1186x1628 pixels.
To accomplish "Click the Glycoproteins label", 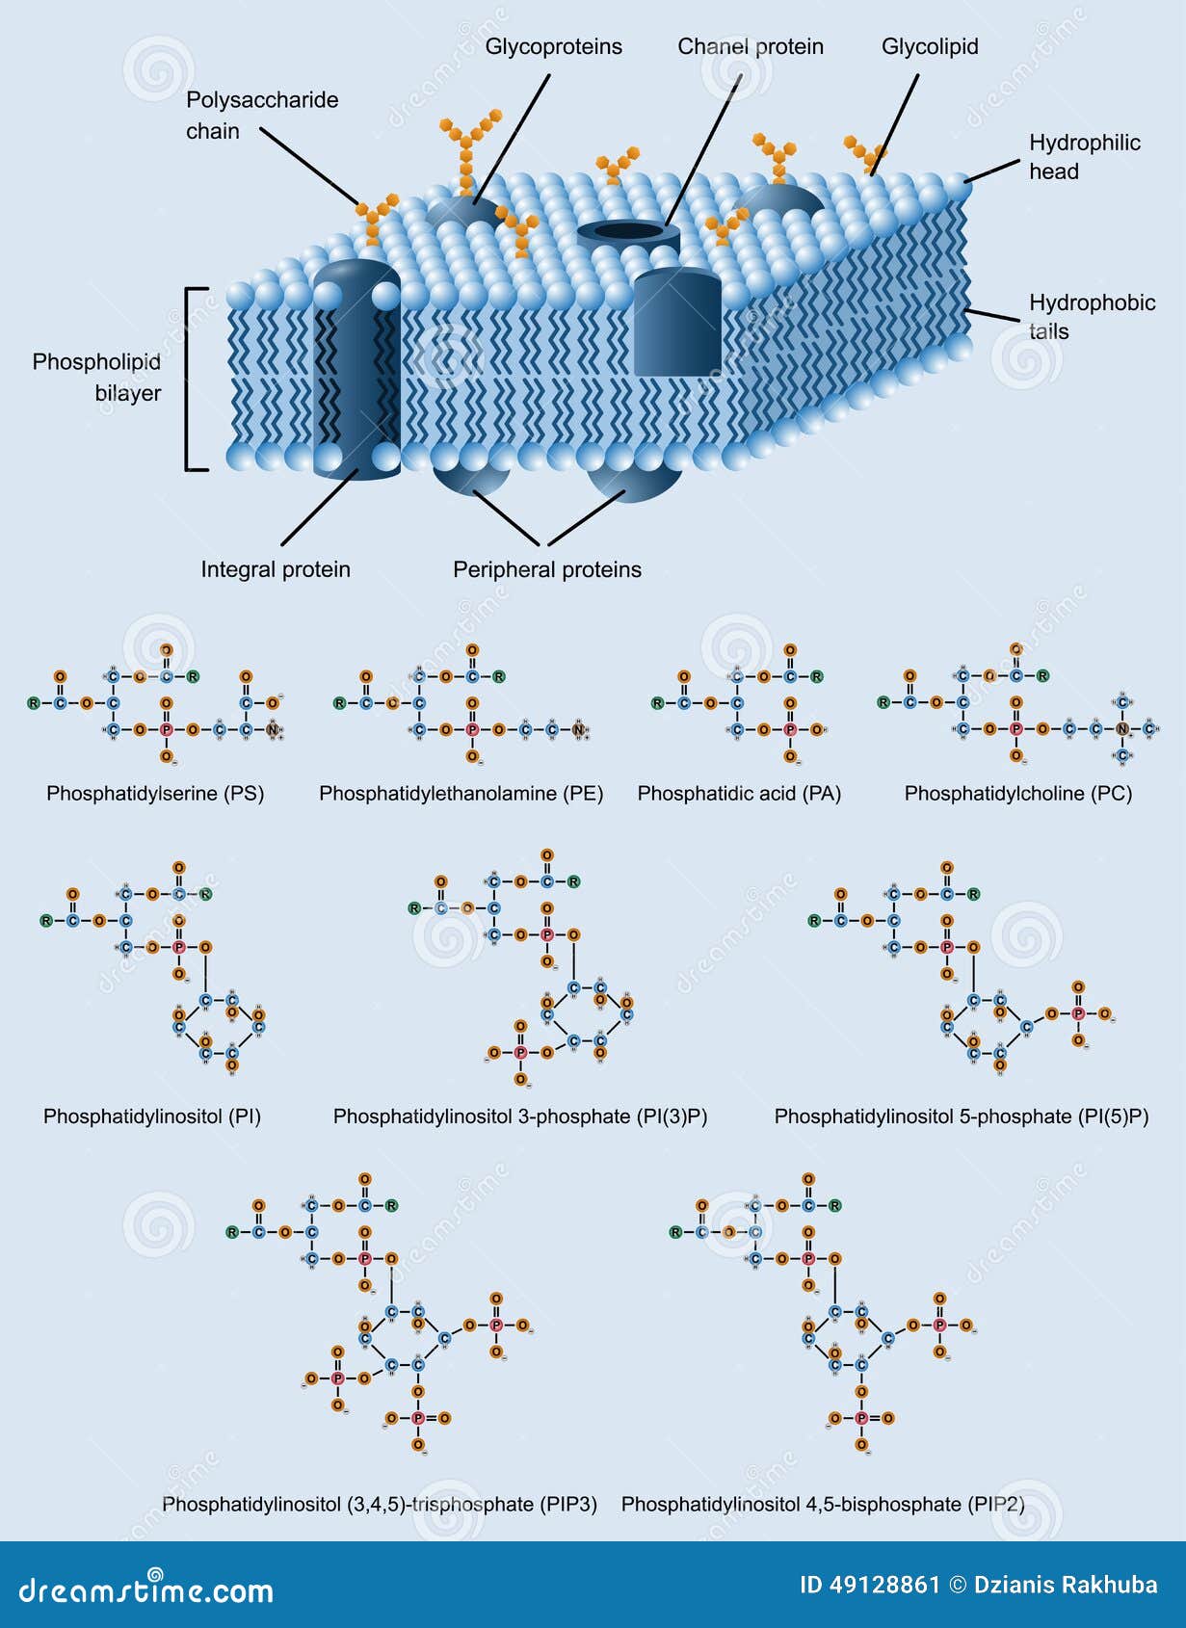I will pyautogui.click(x=553, y=46).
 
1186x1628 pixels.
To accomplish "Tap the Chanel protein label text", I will pyautogui.click(x=750, y=46).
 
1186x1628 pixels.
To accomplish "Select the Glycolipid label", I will pyautogui.click(x=929, y=46).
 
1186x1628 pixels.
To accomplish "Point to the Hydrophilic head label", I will pyautogui.click(x=1083, y=157).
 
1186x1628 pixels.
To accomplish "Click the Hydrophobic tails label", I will pyautogui.click(x=1091, y=317).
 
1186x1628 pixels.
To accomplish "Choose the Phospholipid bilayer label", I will pyautogui.click(x=96, y=377).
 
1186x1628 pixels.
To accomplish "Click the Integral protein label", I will pyautogui.click(x=275, y=569).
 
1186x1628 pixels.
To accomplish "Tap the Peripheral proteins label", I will pyautogui.click(x=546, y=569).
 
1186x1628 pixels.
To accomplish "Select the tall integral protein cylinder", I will pyautogui.click(x=356, y=366).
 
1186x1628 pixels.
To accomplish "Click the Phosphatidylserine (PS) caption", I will pyautogui.click(x=155, y=793).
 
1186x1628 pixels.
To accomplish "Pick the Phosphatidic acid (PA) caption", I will pyautogui.click(x=739, y=793).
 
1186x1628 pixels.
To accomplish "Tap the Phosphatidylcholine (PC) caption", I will pyautogui.click(x=1017, y=793).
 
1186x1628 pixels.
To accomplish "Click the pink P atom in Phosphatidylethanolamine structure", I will pyautogui.click(x=472, y=730).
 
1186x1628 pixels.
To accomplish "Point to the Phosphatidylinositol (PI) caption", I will pyautogui.click(x=152, y=1116).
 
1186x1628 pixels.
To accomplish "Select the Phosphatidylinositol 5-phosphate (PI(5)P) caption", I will pyautogui.click(x=961, y=1116).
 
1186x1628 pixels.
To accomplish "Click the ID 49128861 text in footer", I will pyautogui.click(x=869, y=1585).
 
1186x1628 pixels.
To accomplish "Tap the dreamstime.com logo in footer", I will pyautogui.click(x=145, y=1590).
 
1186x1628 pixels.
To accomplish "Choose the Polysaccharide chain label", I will pyautogui.click(x=261, y=115).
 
